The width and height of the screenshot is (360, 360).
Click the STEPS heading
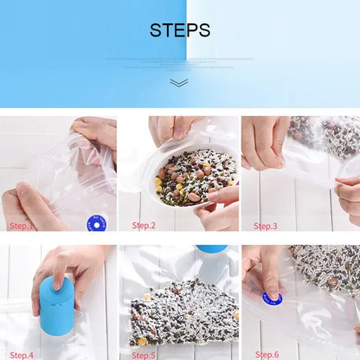tap(179, 30)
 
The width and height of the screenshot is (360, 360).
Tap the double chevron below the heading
tap(179, 82)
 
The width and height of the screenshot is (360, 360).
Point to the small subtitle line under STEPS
tap(179, 59)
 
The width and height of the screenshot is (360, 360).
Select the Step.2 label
tap(144, 226)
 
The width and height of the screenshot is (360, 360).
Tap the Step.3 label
tap(266, 226)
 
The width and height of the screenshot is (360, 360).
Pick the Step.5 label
tap(144, 354)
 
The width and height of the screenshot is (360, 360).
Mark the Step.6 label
tap(267, 354)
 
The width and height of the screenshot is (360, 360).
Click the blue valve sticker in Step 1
tap(96, 224)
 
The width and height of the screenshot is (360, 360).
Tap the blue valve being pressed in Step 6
tap(273, 299)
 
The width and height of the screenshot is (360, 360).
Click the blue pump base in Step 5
tap(210, 249)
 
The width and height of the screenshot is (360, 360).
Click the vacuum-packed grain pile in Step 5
tap(183, 312)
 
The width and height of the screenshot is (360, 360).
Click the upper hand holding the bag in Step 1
tap(95, 134)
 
